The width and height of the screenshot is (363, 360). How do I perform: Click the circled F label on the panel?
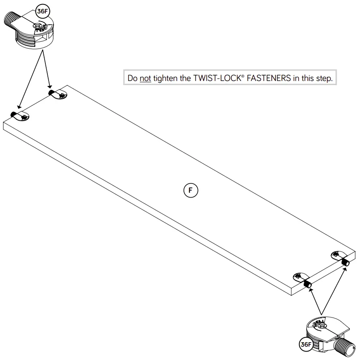(191, 190)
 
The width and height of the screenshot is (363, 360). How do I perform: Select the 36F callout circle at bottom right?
(305, 345)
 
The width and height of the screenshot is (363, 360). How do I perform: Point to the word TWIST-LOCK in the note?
(215, 78)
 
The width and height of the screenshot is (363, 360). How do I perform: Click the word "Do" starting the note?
(132, 78)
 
